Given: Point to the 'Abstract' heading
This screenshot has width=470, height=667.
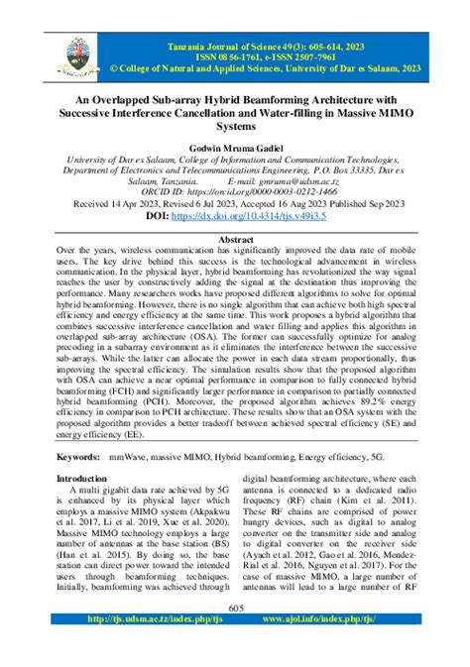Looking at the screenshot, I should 235,240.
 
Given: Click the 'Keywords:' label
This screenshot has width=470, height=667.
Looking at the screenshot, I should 76,459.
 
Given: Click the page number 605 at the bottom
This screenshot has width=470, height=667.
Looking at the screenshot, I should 235,637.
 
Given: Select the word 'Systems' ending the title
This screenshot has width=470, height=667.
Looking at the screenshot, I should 235,127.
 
